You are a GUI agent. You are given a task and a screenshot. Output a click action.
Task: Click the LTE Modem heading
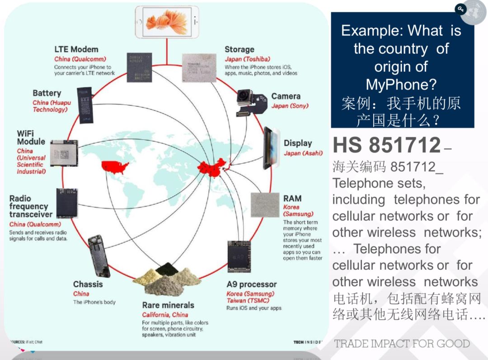tap(76, 49)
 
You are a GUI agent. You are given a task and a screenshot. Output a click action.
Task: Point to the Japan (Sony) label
tap(290, 106)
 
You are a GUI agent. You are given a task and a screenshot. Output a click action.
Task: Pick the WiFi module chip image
tap(64, 153)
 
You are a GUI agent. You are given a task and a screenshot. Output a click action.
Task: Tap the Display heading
tap(298, 143)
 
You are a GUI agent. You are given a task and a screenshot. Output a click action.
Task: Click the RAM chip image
tap(265, 205)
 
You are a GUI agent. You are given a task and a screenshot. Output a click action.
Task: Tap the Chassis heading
tap(88, 284)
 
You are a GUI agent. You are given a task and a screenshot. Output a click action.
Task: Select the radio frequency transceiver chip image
tap(67, 204)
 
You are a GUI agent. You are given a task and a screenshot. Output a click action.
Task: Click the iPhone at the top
tap(167, 22)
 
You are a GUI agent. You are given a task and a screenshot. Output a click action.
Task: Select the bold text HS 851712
tap(387, 145)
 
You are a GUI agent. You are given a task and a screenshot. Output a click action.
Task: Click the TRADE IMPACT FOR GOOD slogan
tap(402, 343)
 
